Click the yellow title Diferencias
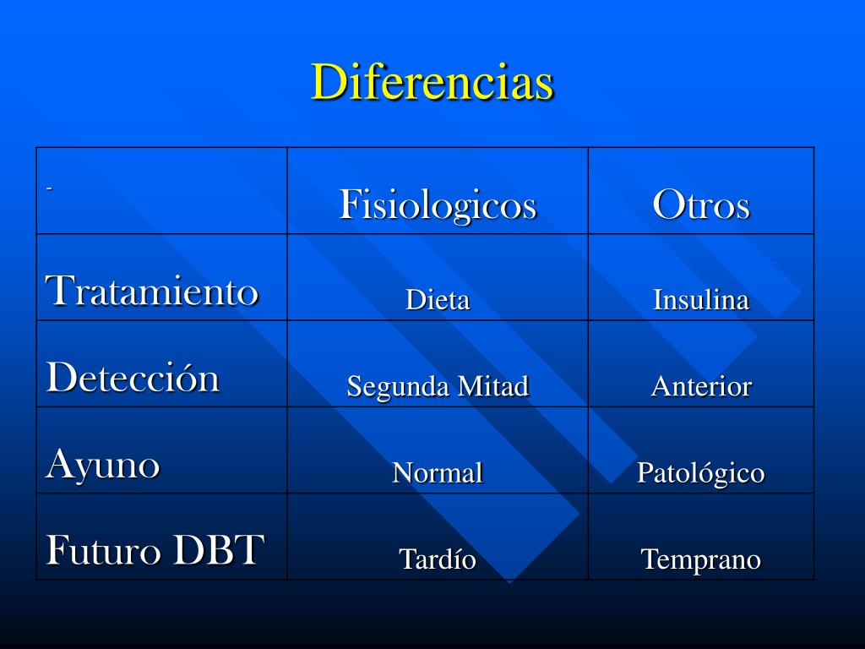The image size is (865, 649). (x=432, y=82)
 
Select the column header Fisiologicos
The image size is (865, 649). (x=438, y=205)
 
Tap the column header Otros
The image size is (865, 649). (x=701, y=205)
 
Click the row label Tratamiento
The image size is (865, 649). (x=152, y=291)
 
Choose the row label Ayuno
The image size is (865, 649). (x=102, y=465)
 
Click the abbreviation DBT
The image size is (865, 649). (x=219, y=549)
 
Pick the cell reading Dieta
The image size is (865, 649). (x=438, y=300)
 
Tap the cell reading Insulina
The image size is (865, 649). (x=701, y=300)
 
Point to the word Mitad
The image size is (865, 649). (x=493, y=385)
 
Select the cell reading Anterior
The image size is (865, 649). (x=701, y=385)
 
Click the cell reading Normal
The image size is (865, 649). (x=438, y=472)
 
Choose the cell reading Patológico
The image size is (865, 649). (x=700, y=473)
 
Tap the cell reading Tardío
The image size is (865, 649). (x=438, y=559)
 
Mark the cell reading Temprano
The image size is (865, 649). (x=701, y=559)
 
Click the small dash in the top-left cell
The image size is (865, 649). (x=49, y=189)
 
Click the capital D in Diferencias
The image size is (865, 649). (x=330, y=82)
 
